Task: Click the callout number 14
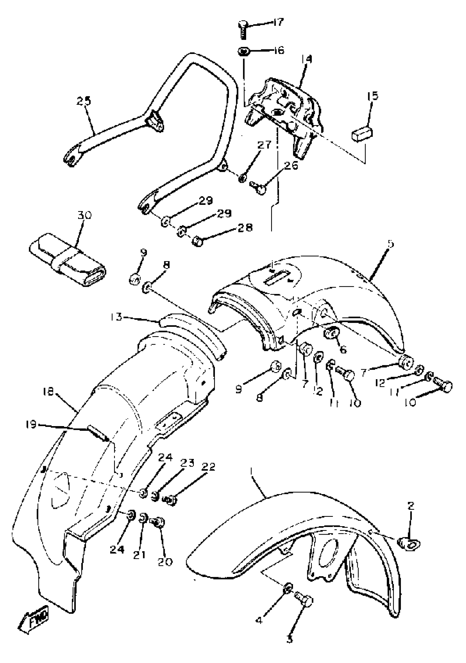306,60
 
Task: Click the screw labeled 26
259,188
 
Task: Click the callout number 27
264,145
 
